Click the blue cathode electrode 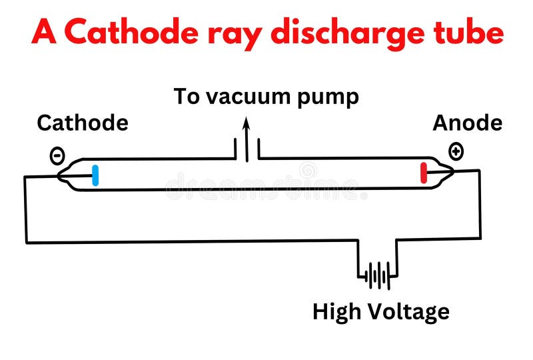(x=95, y=175)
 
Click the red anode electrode (x=424, y=172)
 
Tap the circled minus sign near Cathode (x=57, y=155)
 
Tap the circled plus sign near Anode (x=456, y=151)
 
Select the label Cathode (x=82, y=123)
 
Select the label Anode (x=467, y=123)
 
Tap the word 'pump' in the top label (x=329, y=98)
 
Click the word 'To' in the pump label (x=187, y=97)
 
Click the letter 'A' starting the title (x=43, y=31)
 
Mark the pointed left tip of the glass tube (x=57, y=177)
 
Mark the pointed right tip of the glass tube (x=455, y=171)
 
